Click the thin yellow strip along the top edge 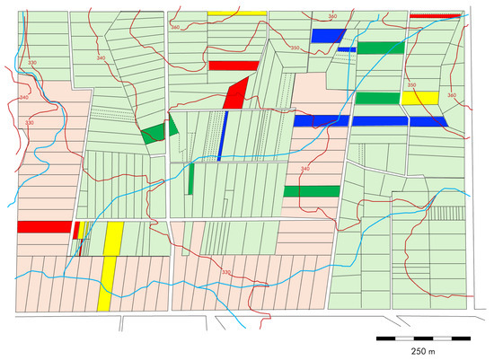tap(237, 13)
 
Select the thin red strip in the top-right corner tap(435, 15)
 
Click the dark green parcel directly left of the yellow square tap(376, 98)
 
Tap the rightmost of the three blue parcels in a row tap(428, 122)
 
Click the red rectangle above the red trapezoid tap(226, 66)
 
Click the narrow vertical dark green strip tap(190, 179)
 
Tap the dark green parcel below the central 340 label tap(311, 191)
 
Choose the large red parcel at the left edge tap(43, 226)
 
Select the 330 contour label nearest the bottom tap(225, 273)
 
